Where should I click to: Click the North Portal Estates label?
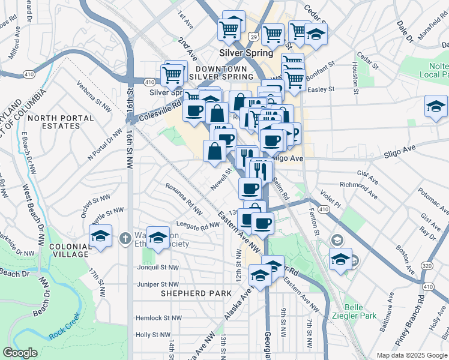[54, 122]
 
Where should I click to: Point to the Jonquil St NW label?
[158, 268]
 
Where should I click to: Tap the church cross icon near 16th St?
[125, 238]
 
